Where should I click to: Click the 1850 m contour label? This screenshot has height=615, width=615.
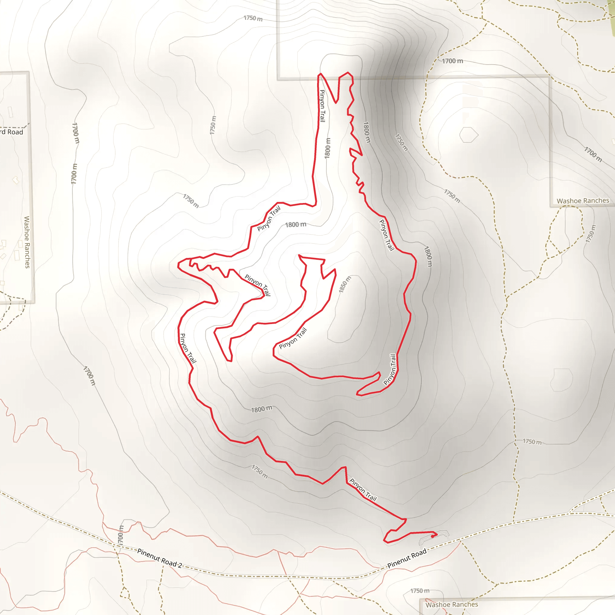point(345,284)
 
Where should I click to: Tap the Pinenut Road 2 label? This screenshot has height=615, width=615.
point(159,558)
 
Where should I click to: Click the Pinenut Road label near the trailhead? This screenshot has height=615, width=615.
point(407,559)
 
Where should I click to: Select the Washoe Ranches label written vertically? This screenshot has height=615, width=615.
point(27,242)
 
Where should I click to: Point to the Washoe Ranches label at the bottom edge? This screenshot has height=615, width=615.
point(452,604)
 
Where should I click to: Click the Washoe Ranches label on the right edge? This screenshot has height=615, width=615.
point(583,201)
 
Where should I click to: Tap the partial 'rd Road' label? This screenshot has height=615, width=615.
point(11,132)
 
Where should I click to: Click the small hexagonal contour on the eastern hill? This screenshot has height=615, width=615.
point(468,135)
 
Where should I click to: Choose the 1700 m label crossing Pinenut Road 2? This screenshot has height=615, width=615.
point(120,535)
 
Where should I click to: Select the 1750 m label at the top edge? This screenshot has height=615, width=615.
point(253,18)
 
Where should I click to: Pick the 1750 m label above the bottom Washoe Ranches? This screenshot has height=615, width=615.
point(420,591)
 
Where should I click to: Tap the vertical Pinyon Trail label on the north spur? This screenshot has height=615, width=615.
point(322,106)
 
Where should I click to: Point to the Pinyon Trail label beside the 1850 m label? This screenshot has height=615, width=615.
point(292,338)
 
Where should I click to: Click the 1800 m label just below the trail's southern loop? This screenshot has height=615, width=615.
point(261,409)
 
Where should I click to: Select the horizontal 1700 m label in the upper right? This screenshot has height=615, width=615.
point(452,61)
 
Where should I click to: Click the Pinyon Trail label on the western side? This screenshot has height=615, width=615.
point(188,348)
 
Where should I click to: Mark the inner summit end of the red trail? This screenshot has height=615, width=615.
point(299,255)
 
